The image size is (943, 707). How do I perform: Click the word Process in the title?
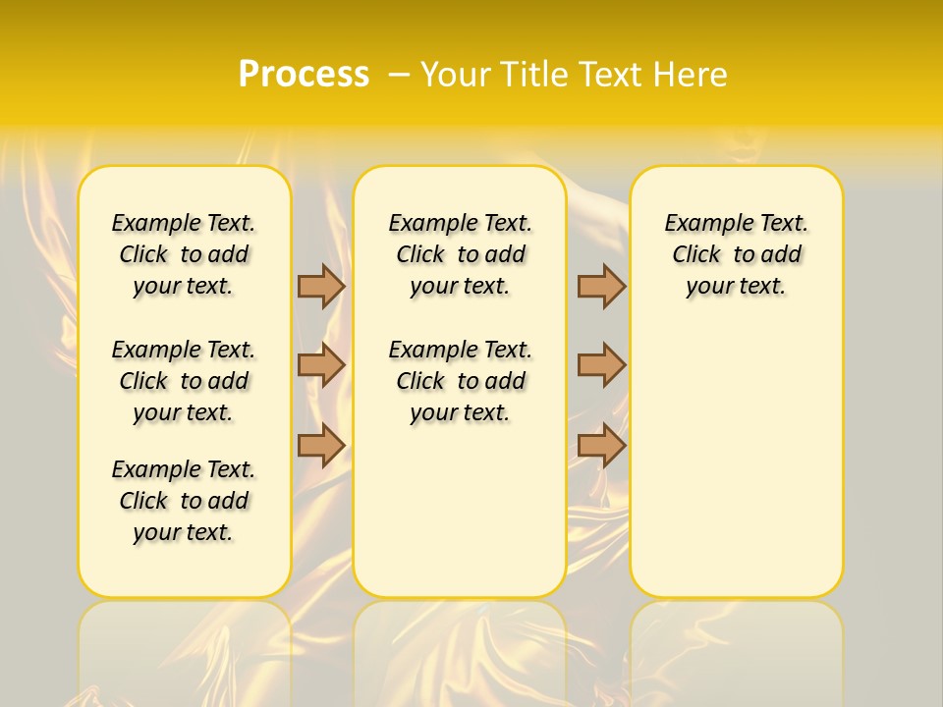304,74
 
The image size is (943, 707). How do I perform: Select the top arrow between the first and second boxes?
321,286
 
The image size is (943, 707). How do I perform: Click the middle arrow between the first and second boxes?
321,365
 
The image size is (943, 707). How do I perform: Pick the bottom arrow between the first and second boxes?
321,446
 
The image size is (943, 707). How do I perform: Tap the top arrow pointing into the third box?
601,286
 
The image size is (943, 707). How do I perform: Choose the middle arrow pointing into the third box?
601,365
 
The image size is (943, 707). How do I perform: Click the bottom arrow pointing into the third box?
601,446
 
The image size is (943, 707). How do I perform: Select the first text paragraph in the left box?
184,254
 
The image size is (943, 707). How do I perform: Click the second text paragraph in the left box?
184,381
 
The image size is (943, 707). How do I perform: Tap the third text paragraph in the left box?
184,501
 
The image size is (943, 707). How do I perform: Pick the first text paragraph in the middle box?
460,254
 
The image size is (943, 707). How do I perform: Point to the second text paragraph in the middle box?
460,381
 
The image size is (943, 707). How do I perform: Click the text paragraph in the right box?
736,254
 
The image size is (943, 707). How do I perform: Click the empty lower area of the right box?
736,462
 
